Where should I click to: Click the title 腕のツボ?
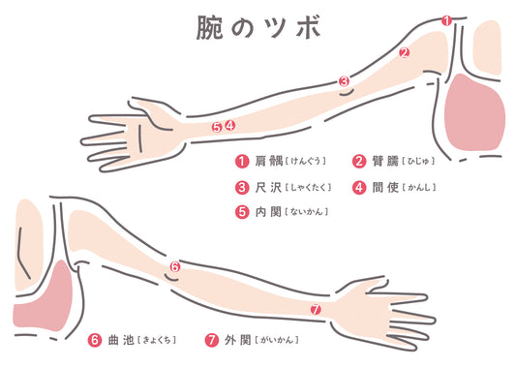258,28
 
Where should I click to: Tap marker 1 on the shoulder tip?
446,21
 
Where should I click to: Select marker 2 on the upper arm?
404,52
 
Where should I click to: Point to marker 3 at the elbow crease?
344,81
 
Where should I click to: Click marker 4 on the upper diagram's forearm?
230,125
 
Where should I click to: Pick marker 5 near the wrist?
217,127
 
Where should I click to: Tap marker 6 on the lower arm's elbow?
175,266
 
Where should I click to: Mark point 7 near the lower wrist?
316,309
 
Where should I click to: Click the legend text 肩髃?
269,161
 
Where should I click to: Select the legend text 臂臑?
385,161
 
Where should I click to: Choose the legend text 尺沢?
268,187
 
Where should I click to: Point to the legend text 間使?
385,187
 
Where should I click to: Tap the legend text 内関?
268,212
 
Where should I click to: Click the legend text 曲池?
121,340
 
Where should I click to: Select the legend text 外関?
238,340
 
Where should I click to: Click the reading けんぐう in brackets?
306,162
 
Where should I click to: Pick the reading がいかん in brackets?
277,340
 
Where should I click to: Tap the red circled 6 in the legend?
95,340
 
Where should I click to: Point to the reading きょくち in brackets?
157,340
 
